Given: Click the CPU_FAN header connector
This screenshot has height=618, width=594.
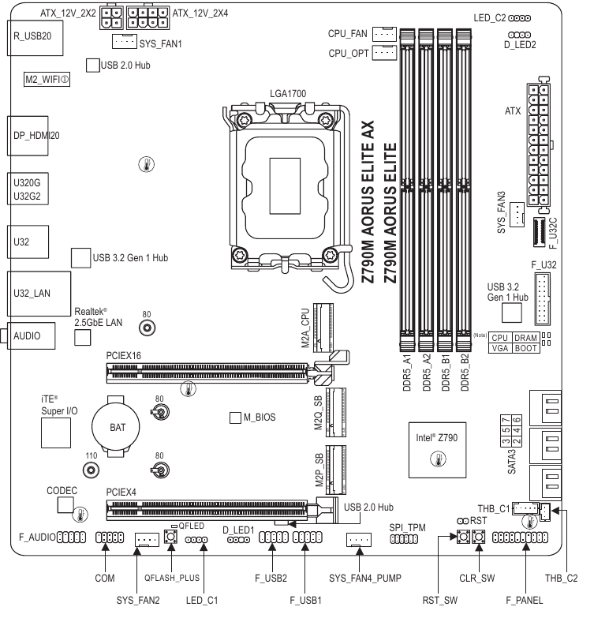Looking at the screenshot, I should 383,34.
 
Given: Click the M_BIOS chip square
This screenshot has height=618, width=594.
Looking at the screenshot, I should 234,416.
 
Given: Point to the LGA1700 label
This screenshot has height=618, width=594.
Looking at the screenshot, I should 287,94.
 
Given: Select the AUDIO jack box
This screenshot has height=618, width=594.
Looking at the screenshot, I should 31,335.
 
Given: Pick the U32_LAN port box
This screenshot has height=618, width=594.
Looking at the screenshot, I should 32,293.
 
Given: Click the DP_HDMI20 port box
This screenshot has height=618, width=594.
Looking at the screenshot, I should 32,135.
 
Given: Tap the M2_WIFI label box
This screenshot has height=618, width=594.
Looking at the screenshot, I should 46,80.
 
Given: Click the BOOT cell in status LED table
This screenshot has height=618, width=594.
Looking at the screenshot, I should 528,347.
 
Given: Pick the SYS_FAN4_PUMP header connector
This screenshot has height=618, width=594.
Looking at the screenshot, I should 359,540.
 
